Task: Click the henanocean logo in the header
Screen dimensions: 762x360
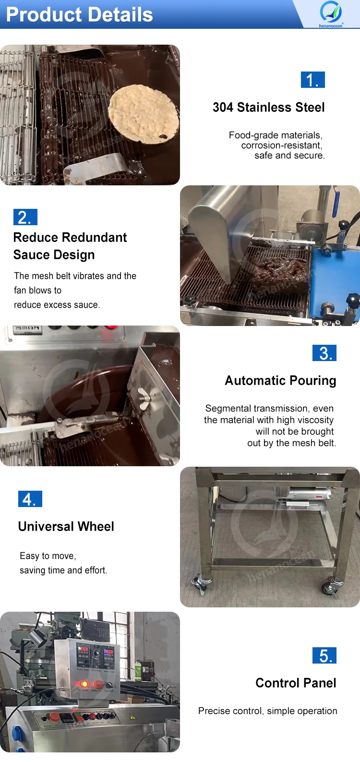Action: pyautogui.click(x=331, y=13)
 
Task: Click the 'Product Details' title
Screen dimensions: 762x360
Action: pyautogui.click(x=79, y=14)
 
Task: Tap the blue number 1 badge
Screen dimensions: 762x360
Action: pyautogui.click(x=312, y=80)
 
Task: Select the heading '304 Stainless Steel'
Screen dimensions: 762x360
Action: pyautogui.click(x=268, y=107)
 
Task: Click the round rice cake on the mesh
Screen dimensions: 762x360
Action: pyautogui.click(x=143, y=114)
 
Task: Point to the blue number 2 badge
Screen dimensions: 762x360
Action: pyautogui.click(x=25, y=217)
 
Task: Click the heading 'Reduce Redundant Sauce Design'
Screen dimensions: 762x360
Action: pyautogui.click(x=70, y=246)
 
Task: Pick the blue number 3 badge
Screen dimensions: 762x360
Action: pyautogui.click(x=324, y=353)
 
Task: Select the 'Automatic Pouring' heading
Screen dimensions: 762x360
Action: pyautogui.click(x=280, y=380)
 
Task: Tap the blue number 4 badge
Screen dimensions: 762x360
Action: pyautogui.click(x=30, y=499)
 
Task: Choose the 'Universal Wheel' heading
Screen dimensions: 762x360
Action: pyautogui.click(x=66, y=526)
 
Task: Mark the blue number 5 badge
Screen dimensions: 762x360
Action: pyautogui.click(x=324, y=655)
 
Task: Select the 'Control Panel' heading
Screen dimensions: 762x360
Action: pyautogui.click(x=296, y=683)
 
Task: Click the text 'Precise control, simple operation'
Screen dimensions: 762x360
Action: pyautogui.click(x=267, y=711)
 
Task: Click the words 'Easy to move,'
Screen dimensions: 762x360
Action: pyautogui.click(x=48, y=556)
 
